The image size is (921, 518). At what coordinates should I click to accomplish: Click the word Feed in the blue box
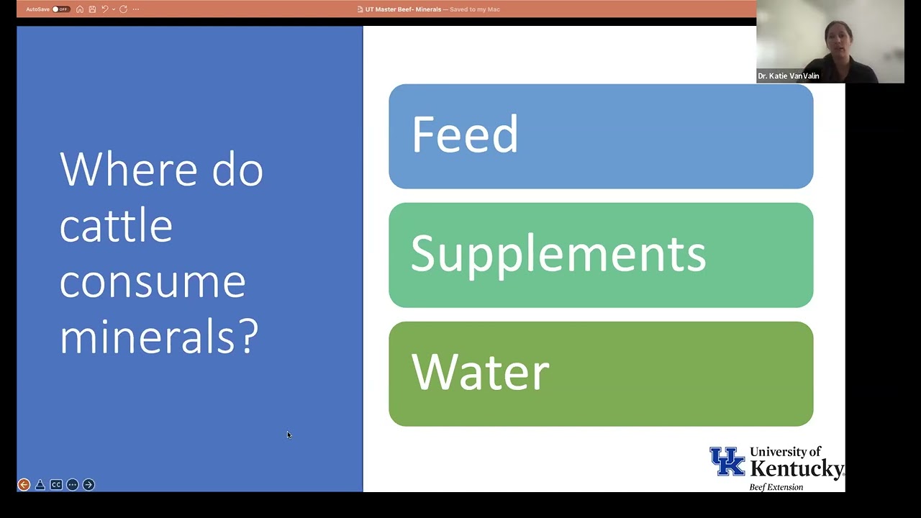pos(465,135)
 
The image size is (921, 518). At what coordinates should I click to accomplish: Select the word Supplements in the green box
pos(558,254)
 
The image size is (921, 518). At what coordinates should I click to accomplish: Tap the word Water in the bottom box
pos(480,373)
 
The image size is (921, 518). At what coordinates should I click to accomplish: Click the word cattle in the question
pos(116,225)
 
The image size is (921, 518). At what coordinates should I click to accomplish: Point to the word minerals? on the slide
pos(158,335)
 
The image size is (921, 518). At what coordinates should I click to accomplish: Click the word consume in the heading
pos(153,281)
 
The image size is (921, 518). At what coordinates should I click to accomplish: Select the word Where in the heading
pos(127,170)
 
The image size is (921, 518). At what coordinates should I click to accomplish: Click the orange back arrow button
pos(24,485)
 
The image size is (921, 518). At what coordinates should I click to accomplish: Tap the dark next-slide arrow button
pos(89,485)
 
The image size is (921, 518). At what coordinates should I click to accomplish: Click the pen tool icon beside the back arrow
pos(40,485)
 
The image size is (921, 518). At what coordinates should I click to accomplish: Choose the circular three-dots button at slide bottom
pos(72,485)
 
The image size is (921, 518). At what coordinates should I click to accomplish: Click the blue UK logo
pos(727,462)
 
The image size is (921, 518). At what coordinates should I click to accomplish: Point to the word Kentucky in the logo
pos(797,470)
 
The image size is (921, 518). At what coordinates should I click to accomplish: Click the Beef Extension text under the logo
pos(776,487)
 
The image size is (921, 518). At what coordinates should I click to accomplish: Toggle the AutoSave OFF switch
pos(60,9)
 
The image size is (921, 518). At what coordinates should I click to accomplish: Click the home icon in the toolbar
pos(80,9)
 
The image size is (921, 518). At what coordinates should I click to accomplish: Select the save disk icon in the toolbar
pos(92,9)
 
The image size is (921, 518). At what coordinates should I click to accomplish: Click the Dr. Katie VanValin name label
pos(788,76)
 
